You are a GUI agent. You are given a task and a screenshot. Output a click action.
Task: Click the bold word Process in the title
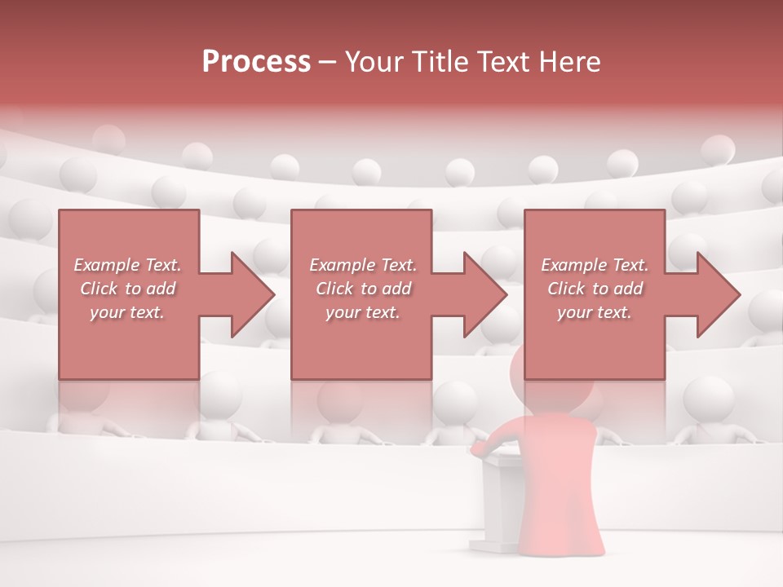click(256, 62)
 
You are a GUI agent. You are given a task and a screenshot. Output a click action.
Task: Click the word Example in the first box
click(107, 265)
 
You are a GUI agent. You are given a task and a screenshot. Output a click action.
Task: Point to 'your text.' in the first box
click(127, 312)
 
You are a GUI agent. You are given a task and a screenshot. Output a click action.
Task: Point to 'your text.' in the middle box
click(363, 312)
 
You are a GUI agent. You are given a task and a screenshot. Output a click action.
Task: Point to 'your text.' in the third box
click(595, 312)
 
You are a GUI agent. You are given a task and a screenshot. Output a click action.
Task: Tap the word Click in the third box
click(567, 289)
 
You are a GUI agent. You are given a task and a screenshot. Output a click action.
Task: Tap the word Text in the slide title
click(498, 62)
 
